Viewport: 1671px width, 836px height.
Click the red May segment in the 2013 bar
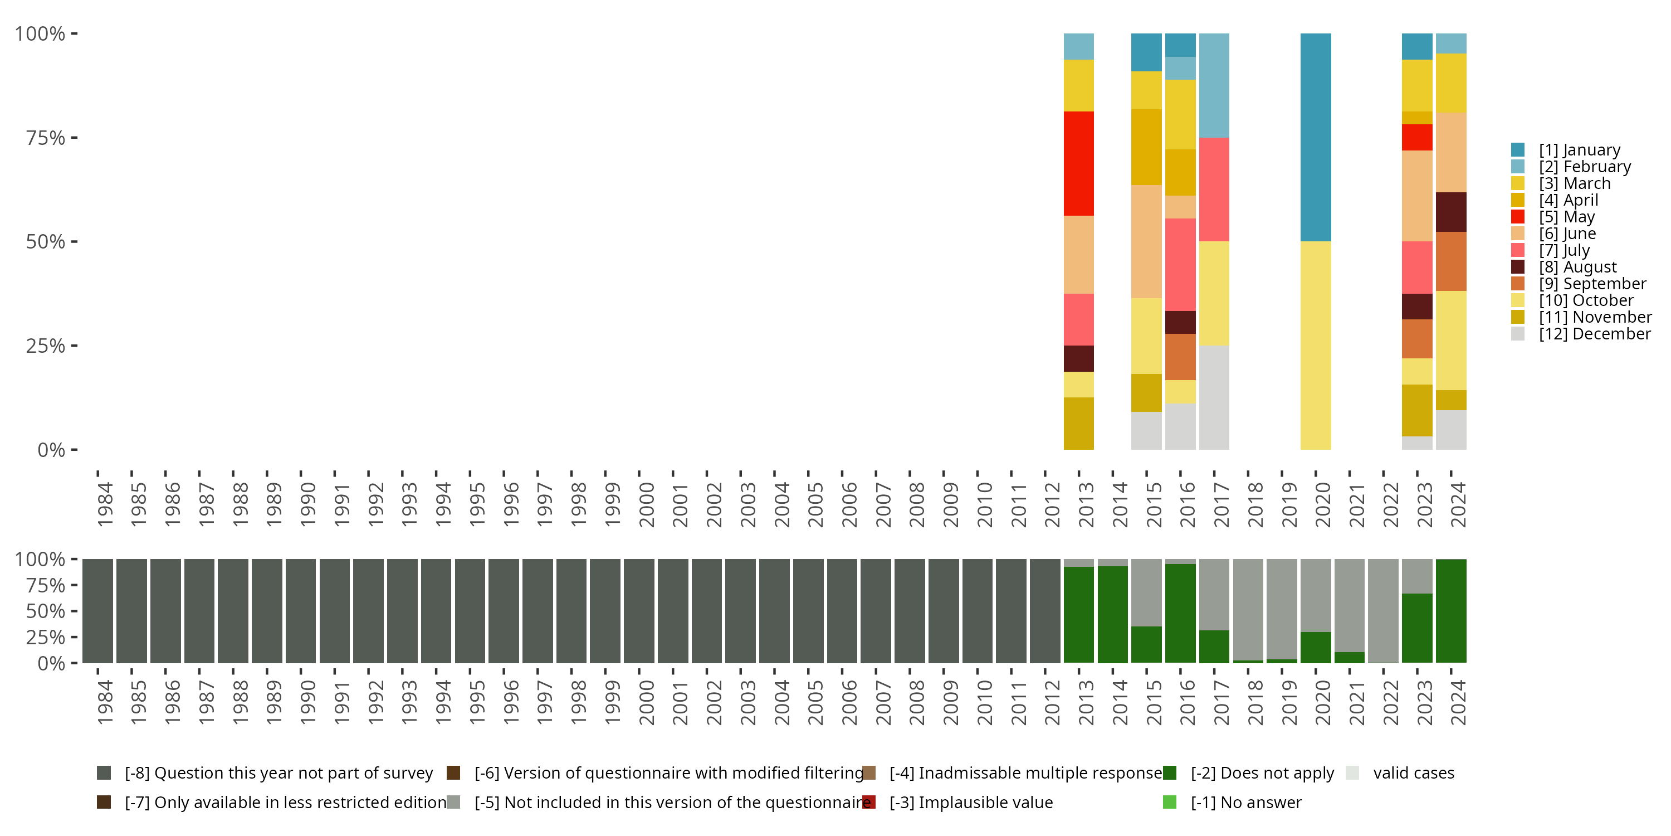pyautogui.click(x=1078, y=163)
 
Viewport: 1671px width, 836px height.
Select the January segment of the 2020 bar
pyautogui.click(x=1316, y=137)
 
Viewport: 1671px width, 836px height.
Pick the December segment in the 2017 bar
pyautogui.click(x=1214, y=397)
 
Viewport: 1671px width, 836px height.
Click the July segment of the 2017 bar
pyautogui.click(x=1214, y=189)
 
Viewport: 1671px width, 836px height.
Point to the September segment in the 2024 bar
pyautogui.click(x=1450, y=261)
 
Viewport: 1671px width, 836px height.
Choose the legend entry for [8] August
pyautogui.click(x=1577, y=267)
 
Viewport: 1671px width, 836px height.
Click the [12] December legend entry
pyautogui.click(x=1594, y=334)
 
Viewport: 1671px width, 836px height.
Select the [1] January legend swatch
pyautogui.click(x=1518, y=150)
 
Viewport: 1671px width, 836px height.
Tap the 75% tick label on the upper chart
pyautogui.click(x=46, y=138)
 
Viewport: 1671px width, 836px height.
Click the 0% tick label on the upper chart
pyautogui.click(x=51, y=450)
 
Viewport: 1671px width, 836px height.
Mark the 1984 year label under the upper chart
pyautogui.click(x=105, y=504)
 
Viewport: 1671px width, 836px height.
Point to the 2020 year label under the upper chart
pyautogui.click(x=1323, y=504)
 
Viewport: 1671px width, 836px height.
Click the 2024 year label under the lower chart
pyautogui.click(x=1458, y=702)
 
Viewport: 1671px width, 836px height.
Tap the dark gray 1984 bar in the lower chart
pyautogui.click(x=97, y=611)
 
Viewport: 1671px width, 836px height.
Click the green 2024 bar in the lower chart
pyautogui.click(x=1450, y=611)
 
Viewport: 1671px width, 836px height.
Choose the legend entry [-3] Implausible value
pyautogui.click(x=970, y=802)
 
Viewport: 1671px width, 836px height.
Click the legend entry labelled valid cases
pyautogui.click(x=1413, y=773)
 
